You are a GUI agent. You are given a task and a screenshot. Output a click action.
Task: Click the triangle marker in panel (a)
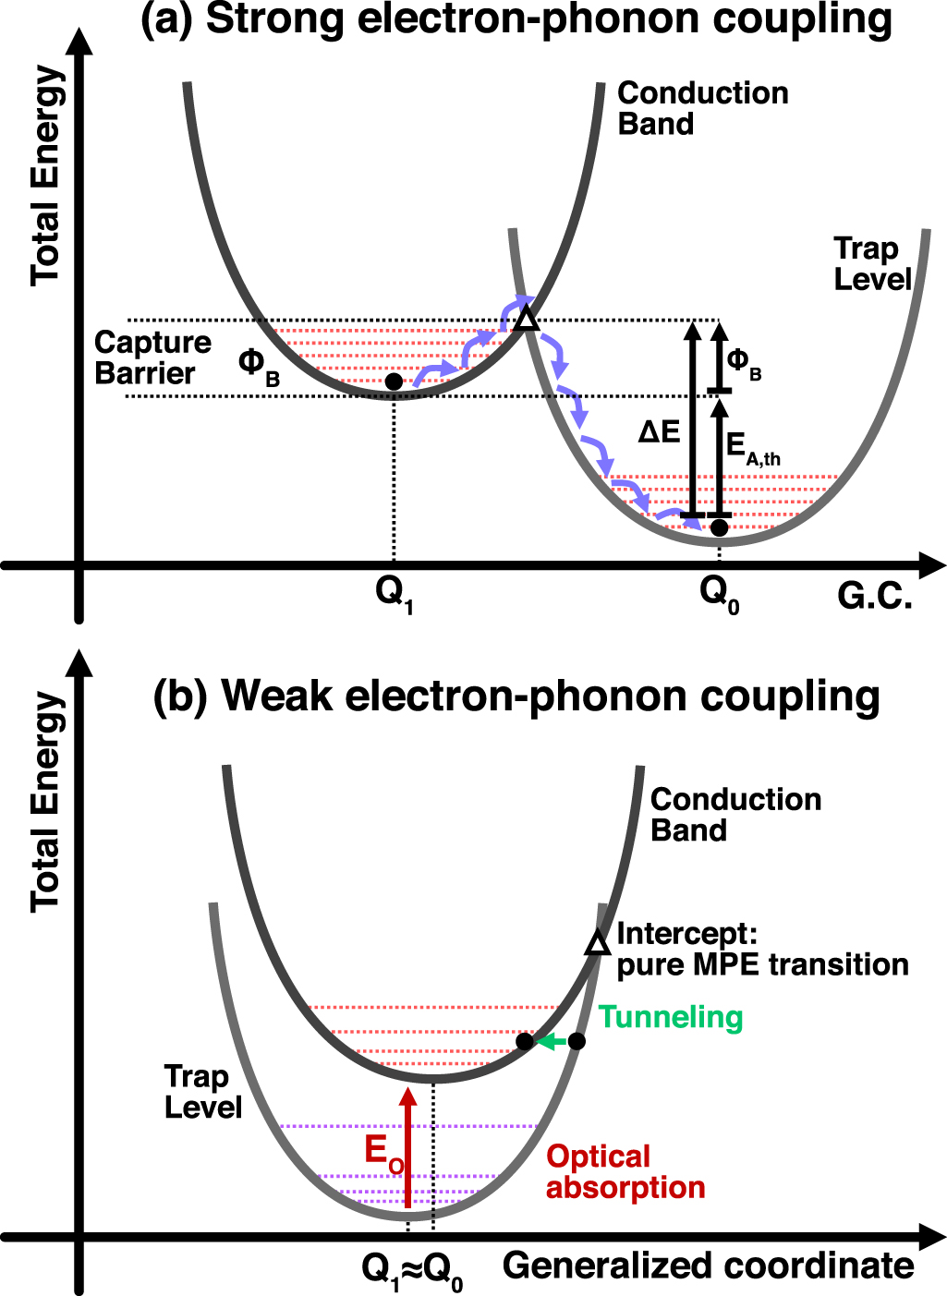pyautogui.click(x=526, y=320)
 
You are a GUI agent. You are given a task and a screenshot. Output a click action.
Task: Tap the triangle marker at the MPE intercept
pyautogui.click(x=599, y=942)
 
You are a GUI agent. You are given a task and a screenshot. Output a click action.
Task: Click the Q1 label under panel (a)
pyautogui.click(x=395, y=592)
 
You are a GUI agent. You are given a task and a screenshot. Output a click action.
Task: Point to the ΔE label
pyautogui.click(x=660, y=431)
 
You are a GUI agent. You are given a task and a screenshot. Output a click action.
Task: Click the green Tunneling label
pyautogui.click(x=671, y=1017)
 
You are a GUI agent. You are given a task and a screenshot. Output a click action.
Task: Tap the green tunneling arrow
pyautogui.click(x=552, y=1042)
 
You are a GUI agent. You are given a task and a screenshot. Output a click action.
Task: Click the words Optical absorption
pyautogui.click(x=625, y=1171)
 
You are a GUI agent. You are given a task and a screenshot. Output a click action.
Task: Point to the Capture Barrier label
pyautogui.click(x=152, y=357)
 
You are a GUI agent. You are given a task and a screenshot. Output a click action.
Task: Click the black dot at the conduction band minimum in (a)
pyautogui.click(x=394, y=381)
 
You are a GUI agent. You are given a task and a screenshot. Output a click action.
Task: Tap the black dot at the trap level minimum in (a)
pyautogui.click(x=719, y=528)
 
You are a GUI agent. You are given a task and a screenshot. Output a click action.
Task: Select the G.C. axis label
pyautogui.click(x=875, y=597)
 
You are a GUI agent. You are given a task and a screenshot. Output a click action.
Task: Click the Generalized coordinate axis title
pyautogui.click(x=708, y=1266)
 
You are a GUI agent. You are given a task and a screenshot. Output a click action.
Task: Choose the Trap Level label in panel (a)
pyautogui.click(x=872, y=263)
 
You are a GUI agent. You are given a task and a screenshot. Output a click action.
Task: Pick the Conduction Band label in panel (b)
pyautogui.click(x=735, y=814)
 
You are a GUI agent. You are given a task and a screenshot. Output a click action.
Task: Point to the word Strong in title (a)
pyautogui.click(x=273, y=20)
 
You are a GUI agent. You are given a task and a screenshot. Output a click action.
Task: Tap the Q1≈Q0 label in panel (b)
pyautogui.click(x=412, y=1271)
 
